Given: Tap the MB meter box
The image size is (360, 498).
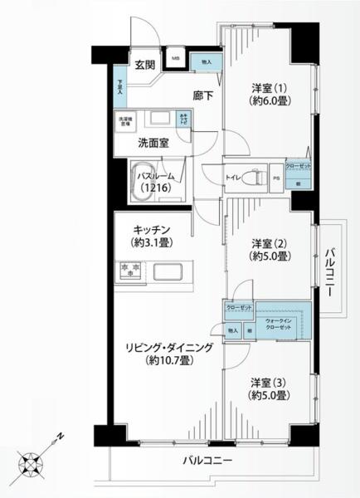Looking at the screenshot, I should (176, 59).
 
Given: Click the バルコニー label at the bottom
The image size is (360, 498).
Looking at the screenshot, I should (207, 460).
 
